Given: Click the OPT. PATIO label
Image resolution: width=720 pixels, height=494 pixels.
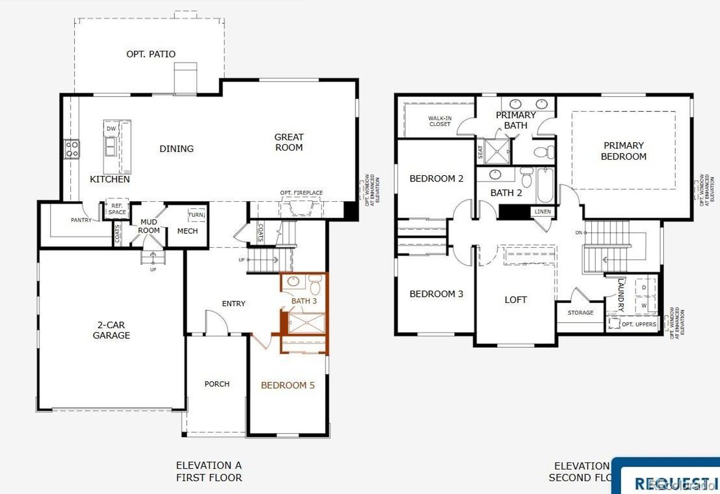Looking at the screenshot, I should (x=151, y=54).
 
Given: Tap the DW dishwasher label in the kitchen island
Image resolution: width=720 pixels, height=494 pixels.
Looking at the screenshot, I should (x=111, y=129).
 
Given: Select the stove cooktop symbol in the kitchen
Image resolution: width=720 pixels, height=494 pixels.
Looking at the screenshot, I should (x=72, y=149).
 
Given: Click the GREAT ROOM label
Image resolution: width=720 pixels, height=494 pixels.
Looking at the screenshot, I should (x=289, y=142).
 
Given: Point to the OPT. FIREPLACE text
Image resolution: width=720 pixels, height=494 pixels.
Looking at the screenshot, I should (x=301, y=193).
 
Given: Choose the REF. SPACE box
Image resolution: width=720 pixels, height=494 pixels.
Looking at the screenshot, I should (x=117, y=209).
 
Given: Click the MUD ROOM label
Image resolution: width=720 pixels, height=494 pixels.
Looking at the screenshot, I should (x=148, y=226).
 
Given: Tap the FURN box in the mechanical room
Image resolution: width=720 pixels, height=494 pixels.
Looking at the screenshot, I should (x=196, y=215).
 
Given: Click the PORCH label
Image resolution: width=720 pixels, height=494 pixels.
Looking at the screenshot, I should (x=217, y=384).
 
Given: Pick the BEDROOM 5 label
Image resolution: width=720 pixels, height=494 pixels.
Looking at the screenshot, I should (x=287, y=386).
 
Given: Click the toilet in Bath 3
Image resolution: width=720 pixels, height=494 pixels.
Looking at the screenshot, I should (x=315, y=287).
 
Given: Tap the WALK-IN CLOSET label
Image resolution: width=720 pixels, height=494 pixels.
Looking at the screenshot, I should (x=439, y=121).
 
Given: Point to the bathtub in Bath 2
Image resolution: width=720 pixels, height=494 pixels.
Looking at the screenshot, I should (x=544, y=185).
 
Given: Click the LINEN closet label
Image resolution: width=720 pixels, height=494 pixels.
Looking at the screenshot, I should (x=543, y=212).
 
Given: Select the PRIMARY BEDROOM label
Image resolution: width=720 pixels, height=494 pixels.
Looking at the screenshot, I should (x=623, y=151).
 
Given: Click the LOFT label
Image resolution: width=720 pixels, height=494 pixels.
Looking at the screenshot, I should (x=515, y=300).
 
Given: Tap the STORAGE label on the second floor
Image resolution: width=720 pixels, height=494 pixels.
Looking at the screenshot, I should (x=580, y=312).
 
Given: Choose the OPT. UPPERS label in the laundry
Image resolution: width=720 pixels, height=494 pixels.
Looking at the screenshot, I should (x=638, y=324).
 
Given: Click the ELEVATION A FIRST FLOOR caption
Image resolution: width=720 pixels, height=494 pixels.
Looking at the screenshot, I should (x=209, y=472).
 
